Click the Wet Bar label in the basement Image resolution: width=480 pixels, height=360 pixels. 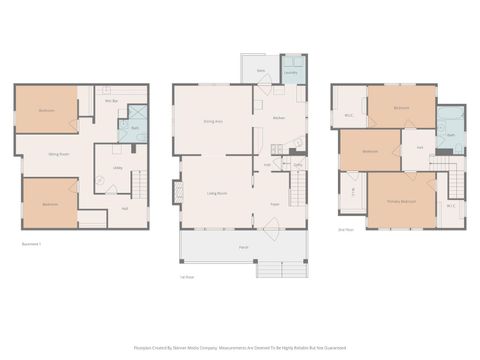pos(112,101)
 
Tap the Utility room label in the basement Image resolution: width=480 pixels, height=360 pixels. pos(117,168)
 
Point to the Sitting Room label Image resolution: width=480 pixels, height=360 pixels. pos(59,154)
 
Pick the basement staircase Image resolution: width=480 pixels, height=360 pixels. pos(139,187)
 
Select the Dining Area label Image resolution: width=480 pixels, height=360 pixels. pos(212,121)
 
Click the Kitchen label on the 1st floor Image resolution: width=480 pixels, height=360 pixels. pos(281,119)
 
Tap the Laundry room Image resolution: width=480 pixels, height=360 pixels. pos(291,71)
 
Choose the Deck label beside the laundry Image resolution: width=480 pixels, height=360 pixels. pos(260,71)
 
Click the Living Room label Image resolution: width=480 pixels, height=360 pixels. pos(216,192)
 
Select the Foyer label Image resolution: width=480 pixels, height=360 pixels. pos(273,205)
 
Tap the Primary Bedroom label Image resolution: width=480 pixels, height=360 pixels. pos(403,201)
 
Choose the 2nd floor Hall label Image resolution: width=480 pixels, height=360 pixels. pos(420,147)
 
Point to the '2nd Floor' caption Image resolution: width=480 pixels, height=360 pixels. pos(345,229)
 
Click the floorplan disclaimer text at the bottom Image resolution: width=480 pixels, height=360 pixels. pos(240,348)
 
